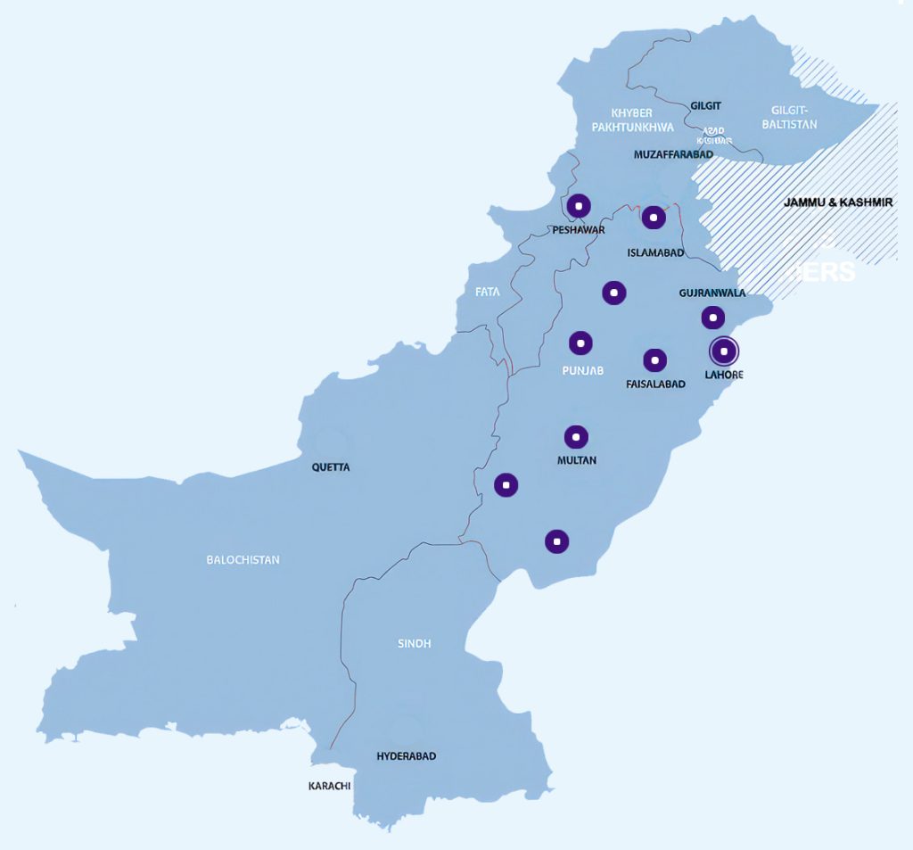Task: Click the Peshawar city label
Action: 579,230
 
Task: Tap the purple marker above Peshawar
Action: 579,206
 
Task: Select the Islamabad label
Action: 655,252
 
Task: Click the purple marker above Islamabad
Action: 654,217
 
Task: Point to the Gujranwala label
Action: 712,293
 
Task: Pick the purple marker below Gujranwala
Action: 712,317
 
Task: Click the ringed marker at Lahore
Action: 724,351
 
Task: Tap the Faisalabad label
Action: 655,384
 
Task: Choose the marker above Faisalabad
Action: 655,360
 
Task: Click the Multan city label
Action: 576,460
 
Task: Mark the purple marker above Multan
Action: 576,437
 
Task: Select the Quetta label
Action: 331,466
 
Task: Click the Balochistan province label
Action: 243,560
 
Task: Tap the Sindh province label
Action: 414,643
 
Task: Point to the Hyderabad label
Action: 407,756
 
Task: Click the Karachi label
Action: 329,786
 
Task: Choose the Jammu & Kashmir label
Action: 838,202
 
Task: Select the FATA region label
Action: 488,292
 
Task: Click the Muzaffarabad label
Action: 673,154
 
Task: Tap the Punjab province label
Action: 583,370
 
